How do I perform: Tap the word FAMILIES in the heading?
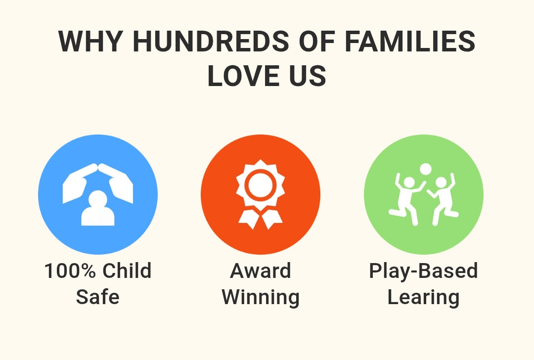410,41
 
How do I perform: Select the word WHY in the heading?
90,41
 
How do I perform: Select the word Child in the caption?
127,270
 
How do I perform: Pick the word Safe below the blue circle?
98,297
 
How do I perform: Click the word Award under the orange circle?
261,270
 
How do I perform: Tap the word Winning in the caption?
261,297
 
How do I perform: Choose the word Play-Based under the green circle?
423,271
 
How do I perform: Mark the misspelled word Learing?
423,298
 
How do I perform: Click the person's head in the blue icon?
98,199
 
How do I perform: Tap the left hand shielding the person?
79,183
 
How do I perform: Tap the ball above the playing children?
425,169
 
